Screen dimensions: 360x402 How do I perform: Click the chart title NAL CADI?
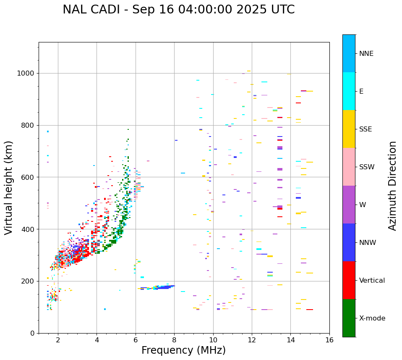pos(178,10)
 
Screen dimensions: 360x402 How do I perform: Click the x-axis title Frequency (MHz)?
pos(183,350)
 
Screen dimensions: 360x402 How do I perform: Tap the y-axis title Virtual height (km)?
pos(9,187)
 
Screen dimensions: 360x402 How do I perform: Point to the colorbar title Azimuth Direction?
pos(392,186)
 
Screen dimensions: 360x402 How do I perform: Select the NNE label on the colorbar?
pos(366,54)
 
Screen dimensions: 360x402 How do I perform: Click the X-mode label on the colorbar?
pos(372,318)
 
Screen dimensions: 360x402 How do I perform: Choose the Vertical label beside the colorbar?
pos(372,281)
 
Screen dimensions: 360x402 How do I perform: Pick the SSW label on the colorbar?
pos(367,167)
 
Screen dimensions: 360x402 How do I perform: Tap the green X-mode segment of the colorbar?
pos(349,318)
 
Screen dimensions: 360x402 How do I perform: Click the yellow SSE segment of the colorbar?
pos(349,129)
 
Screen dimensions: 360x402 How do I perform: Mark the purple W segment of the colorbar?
pos(349,205)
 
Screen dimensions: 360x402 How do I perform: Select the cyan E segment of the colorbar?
pos(349,91)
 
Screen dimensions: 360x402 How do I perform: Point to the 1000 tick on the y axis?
pos(26,74)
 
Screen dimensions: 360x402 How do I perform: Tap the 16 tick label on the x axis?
pos(329,340)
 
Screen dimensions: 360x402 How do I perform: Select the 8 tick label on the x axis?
pos(174,340)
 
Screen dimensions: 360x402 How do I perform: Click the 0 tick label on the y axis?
pos(32,333)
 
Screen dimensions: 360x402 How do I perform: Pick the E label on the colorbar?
pos(361,92)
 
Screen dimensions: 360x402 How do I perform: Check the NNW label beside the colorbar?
pos(367,243)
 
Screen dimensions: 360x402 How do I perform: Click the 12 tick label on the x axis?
pos(252,340)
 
